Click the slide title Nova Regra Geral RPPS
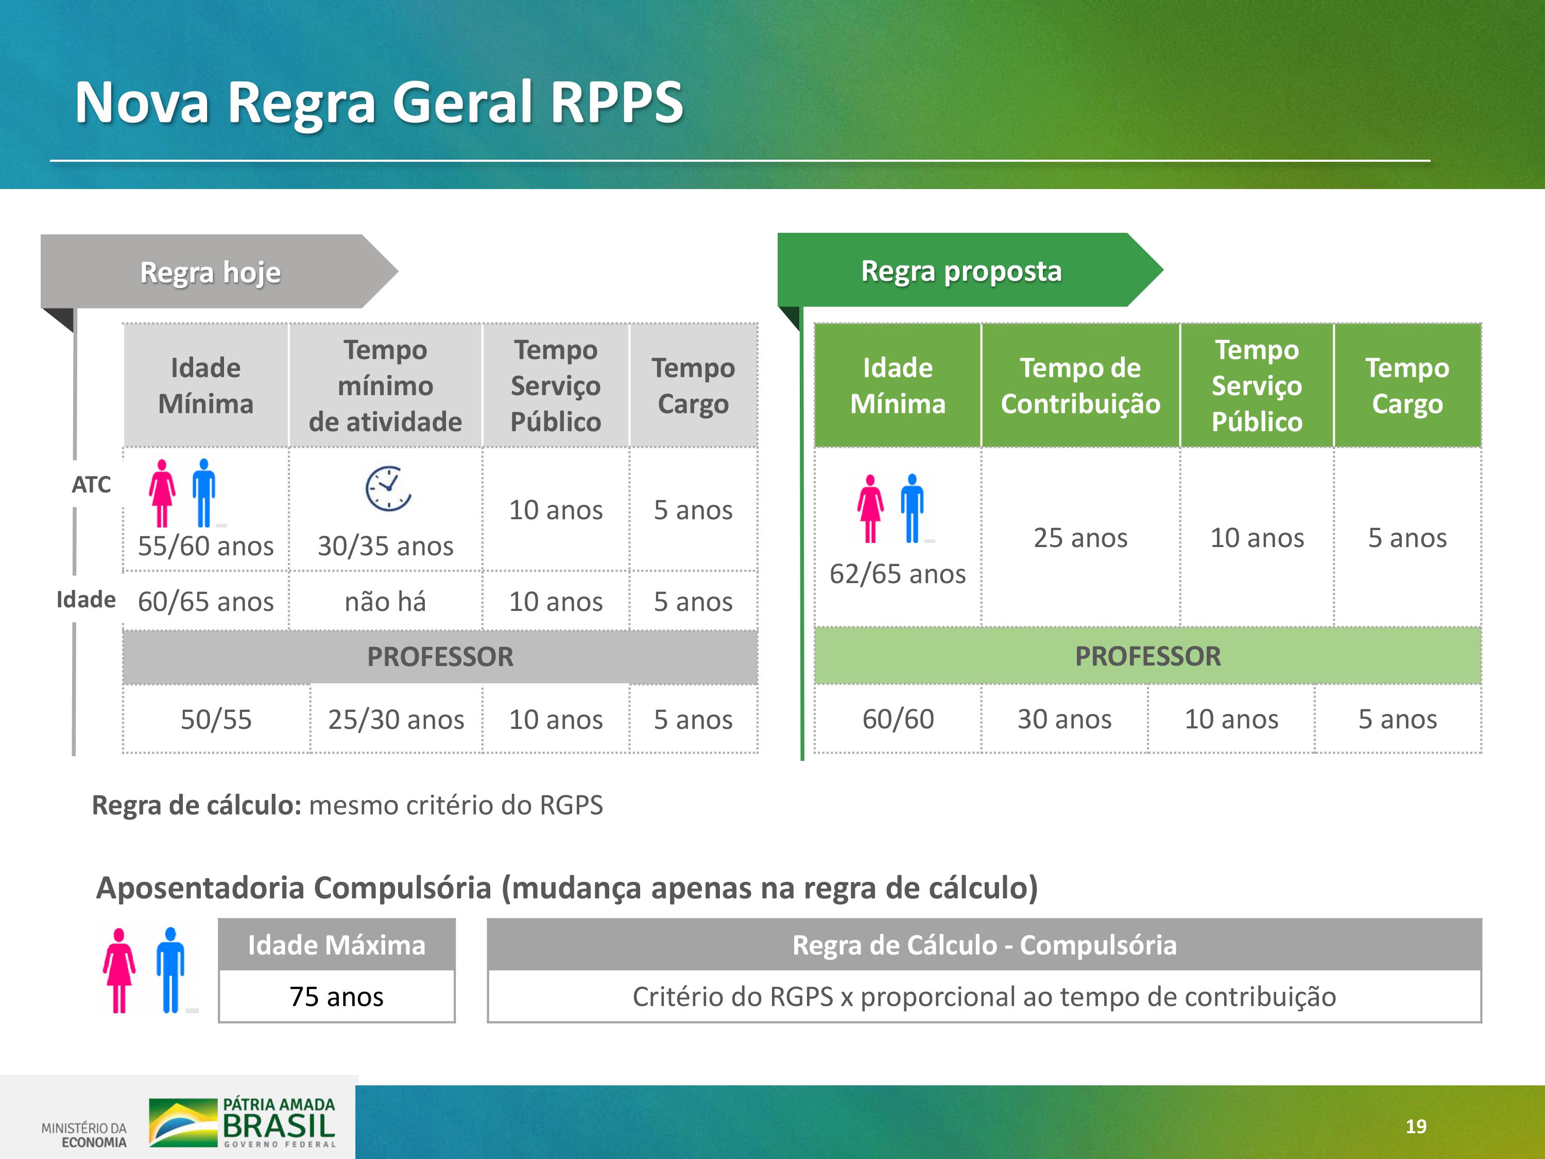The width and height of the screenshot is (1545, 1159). (x=379, y=103)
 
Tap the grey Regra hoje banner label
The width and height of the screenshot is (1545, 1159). (x=210, y=272)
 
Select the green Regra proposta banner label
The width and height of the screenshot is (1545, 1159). (x=961, y=271)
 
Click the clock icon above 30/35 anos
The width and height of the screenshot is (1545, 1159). (x=388, y=488)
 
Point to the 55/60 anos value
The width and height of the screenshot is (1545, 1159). (x=205, y=546)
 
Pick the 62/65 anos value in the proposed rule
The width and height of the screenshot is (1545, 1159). (x=898, y=573)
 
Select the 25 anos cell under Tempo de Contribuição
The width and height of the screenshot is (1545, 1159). (x=1080, y=538)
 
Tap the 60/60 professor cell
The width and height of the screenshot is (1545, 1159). (x=898, y=719)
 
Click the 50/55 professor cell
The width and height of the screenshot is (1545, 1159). (x=216, y=720)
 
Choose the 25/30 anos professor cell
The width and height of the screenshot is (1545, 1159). (x=396, y=720)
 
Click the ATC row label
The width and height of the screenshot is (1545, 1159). (x=92, y=484)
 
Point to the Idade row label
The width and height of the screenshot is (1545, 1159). (x=86, y=600)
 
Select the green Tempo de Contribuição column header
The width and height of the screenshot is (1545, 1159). (x=1080, y=386)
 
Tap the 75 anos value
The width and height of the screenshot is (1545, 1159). (x=337, y=997)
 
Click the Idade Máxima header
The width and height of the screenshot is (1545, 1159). (x=337, y=945)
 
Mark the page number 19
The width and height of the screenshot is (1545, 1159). (x=1416, y=1126)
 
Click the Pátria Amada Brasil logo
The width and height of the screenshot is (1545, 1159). (x=243, y=1122)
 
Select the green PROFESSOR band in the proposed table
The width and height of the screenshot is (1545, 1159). (x=1147, y=656)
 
